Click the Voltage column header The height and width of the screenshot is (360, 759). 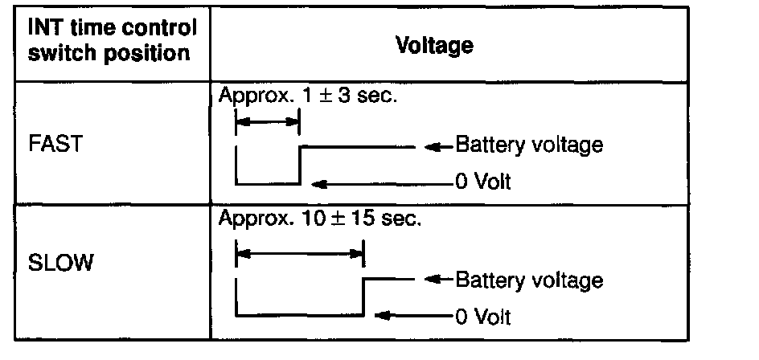coord(434,45)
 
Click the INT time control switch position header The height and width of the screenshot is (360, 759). coord(112,42)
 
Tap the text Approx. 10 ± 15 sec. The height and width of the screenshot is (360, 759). coord(318,219)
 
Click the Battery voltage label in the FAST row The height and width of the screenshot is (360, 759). coord(528,146)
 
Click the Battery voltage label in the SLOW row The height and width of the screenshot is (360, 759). coord(528,280)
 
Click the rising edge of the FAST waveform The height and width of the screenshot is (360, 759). coord(299,165)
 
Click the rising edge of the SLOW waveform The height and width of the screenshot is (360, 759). coord(363,297)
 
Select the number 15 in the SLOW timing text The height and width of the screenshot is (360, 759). coord(357,219)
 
